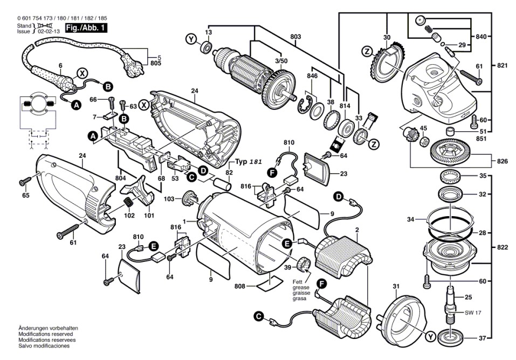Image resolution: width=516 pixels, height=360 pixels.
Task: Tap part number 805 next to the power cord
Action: pos(155,63)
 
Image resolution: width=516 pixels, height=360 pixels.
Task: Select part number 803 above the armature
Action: pos(295,37)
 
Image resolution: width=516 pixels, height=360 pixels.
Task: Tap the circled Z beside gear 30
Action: pos(367,52)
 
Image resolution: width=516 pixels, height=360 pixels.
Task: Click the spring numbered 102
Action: pos(129,203)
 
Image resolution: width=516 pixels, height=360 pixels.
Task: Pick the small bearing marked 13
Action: pos(206,49)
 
